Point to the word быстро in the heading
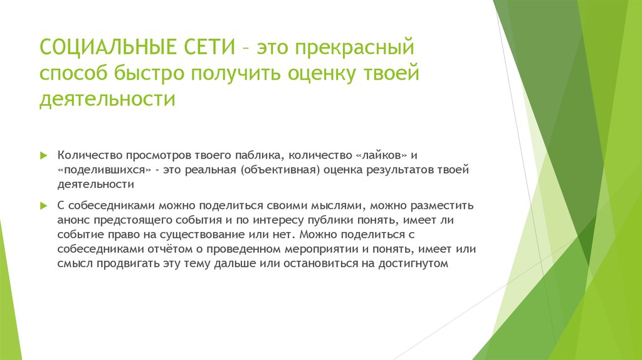pyautogui.click(x=151, y=73)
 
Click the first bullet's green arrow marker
pyautogui.click(x=44, y=155)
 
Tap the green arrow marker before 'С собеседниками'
pyautogui.click(x=44, y=206)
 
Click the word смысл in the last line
pyautogui.click(x=75, y=263)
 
